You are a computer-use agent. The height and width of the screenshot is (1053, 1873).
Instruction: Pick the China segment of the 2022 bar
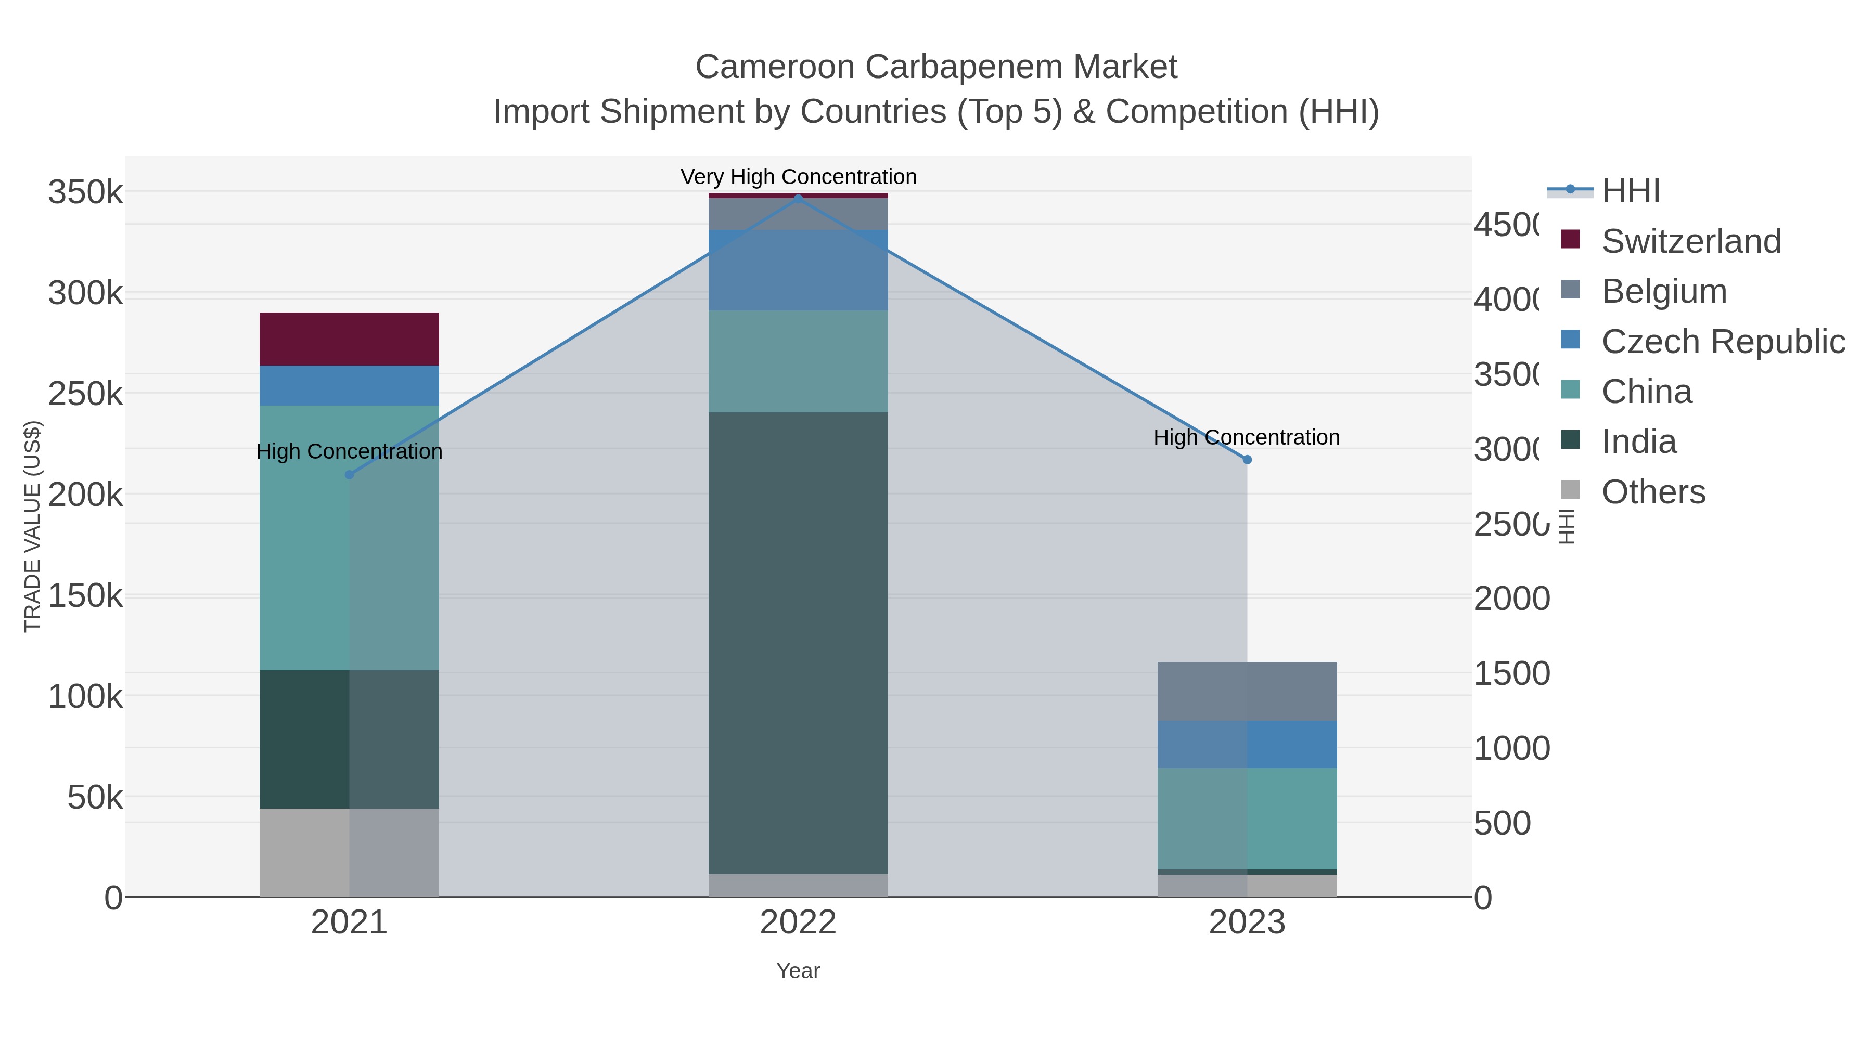(798, 361)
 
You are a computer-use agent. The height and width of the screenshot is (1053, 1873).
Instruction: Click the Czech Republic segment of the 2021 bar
(349, 385)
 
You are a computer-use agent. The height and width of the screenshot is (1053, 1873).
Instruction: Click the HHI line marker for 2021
(349, 475)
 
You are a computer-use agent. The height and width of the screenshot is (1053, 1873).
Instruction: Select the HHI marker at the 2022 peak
(798, 199)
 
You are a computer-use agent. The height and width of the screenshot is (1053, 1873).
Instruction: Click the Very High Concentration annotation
(798, 177)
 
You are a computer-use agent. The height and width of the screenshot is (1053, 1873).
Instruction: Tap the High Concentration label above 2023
(1246, 437)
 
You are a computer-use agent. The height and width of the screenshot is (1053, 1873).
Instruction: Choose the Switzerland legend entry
(1690, 241)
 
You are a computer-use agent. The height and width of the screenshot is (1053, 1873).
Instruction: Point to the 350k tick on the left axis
(85, 193)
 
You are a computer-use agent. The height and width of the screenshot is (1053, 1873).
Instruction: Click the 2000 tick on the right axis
(1511, 599)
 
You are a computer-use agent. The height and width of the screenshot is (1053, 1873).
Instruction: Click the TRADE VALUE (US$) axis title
(33, 526)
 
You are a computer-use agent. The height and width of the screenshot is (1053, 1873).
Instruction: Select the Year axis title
(798, 971)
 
